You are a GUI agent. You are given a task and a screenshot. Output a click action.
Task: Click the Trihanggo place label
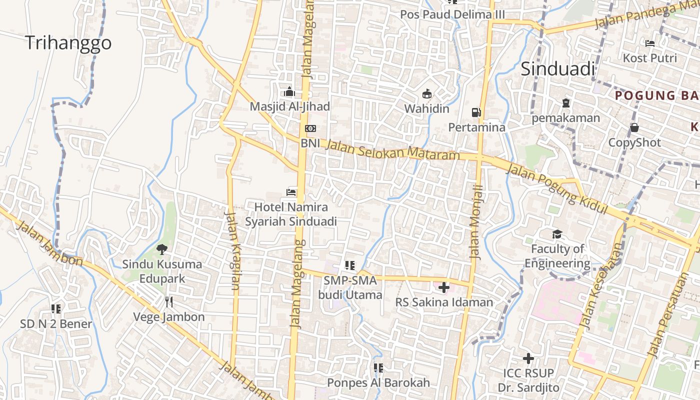coord(68,43)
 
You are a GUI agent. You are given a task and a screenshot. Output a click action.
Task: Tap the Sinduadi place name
coord(558,69)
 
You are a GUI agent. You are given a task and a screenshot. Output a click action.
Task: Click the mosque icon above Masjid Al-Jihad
coord(289,92)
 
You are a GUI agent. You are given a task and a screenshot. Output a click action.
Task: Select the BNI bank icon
coord(310,128)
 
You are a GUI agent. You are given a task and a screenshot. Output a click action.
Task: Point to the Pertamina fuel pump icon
coord(476,112)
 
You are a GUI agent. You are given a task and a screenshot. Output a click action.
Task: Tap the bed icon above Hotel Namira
coord(291,192)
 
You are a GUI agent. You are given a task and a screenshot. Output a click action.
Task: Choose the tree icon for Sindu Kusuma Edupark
coord(162,248)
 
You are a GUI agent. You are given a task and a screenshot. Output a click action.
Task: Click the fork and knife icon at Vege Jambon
coord(169,301)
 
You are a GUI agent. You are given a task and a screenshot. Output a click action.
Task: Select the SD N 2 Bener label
coord(56,323)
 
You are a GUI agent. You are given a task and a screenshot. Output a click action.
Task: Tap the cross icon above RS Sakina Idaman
coord(443,287)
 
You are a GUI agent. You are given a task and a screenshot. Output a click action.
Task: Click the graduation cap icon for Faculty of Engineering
coord(557,234)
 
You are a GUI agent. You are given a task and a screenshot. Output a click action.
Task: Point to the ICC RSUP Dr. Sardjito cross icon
coord(528,358)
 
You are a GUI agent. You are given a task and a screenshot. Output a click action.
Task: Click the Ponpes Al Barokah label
coord(378,382)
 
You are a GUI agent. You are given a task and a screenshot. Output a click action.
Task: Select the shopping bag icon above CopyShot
coord(634,127)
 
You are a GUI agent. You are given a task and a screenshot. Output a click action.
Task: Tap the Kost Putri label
coord(649,58)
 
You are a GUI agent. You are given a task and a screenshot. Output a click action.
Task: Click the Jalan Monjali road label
coord(477,221)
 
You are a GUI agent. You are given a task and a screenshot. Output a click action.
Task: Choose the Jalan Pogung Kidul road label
coord(556,189)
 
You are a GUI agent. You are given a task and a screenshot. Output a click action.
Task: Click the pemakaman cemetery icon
coord(565,103)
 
